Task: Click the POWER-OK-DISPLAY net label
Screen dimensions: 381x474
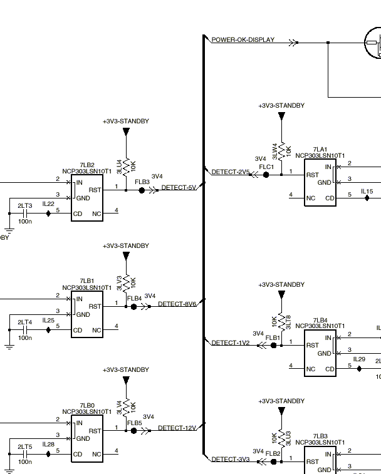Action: pyautogui.click(x=243, y=39)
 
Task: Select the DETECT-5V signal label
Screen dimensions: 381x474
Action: pyautogui.click(x=179, y=187)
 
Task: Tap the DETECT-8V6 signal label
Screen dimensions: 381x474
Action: pyautogui.click(x=177, y=304)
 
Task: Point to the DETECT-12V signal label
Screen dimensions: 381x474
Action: pyautogui.click(x=177, y=428)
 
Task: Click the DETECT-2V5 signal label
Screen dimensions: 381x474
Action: pyautogui.click(x=231, y=172)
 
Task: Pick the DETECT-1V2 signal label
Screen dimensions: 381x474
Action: pyautogui.click(x=231, y=343)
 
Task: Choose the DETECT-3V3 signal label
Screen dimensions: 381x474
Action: pyautogui.click(x=231, y=459)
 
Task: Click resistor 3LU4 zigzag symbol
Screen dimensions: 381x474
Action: pyautogui.click(x=126, y=167)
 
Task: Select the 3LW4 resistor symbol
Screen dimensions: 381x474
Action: pyautogui.click(x=282, y=152)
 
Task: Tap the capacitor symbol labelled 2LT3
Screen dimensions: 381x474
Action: pyautogui.click(x=26, y=214)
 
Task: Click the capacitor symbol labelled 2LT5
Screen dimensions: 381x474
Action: pyautogui.click(x=26, y=454)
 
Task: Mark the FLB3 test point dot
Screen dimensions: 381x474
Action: pyautogui.click(x=142, y=190)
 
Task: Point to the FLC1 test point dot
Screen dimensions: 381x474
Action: pyautogui.click(x=266, y=175)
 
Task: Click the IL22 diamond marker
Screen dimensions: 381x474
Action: pyautogui.click(x=48, y=214)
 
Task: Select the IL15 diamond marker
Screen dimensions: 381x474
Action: pyautogui.click(x=367, y=198)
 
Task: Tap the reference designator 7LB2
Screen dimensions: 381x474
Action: pyautogui.click(x=87, y=165)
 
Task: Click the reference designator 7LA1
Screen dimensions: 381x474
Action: pyautogui.click(x=320, y=149)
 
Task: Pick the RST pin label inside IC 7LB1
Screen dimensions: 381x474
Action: pyautogui.click(x=95, y=307)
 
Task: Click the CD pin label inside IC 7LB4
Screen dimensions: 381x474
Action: pyautogui.click(x=330, y=369)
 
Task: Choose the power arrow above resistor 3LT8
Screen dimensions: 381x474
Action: pyautogui.click(x=282, y=294)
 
